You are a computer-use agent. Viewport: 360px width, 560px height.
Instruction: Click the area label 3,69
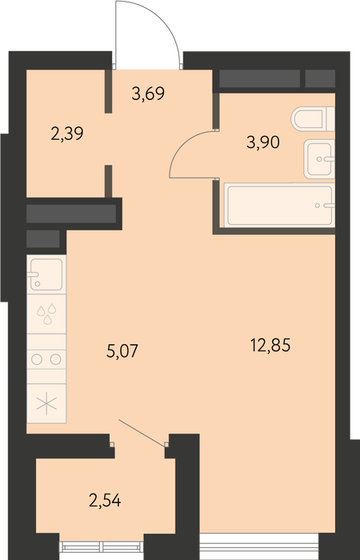point(148,94)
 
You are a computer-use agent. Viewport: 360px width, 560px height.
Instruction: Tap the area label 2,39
point(67,134)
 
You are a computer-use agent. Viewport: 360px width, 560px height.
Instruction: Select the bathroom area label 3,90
point(263,143)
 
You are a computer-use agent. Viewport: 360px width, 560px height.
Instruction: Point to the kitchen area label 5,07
point(122,351)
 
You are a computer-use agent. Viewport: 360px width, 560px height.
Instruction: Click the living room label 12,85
point(270,346)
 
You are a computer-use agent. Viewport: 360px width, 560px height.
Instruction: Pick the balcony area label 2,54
point(105,501)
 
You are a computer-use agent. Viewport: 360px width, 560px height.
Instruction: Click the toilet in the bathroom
point(313,118)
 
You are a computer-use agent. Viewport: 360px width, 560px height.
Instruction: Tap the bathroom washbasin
point(319,158)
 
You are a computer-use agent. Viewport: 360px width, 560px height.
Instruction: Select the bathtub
point(280,205)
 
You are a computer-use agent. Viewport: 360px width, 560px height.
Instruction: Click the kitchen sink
point(46,274)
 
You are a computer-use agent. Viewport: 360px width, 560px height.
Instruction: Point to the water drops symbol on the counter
point(47,314)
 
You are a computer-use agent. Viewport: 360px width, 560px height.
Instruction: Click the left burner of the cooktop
point(37,359)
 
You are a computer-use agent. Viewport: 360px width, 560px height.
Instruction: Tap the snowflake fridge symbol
point(46,404)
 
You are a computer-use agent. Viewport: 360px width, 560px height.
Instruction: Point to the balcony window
point(102,546)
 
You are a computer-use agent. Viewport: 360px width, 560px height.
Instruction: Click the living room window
point(258,546)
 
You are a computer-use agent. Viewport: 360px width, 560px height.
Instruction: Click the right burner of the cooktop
point(55,359)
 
